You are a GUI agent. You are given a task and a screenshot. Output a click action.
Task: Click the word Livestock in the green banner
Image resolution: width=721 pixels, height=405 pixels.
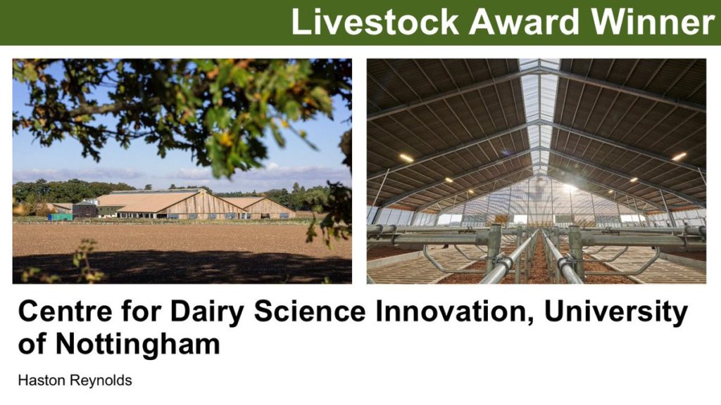coord(375,22)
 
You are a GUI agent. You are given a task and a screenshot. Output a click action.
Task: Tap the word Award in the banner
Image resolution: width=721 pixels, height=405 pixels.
coord(524,22)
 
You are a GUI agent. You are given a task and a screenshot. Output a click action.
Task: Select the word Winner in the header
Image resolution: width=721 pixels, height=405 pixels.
coord(653,22)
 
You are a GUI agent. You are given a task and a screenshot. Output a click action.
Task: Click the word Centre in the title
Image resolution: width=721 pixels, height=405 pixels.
coord(65,311)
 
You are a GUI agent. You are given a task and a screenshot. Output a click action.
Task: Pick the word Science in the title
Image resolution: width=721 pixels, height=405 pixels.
coord(310,311)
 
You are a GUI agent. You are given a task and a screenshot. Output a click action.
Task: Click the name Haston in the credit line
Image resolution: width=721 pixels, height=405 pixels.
coord(40,380)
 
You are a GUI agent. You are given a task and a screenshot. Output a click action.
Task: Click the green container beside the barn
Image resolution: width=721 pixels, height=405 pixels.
coord(61,217)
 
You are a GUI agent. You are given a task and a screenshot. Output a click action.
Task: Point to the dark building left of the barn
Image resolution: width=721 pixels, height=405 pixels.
coord(85,209)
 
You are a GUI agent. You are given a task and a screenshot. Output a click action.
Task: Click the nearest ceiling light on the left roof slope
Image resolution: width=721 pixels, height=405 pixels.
coord(406,158)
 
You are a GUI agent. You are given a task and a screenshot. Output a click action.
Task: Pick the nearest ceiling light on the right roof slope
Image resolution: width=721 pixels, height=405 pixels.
coord(679,157)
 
